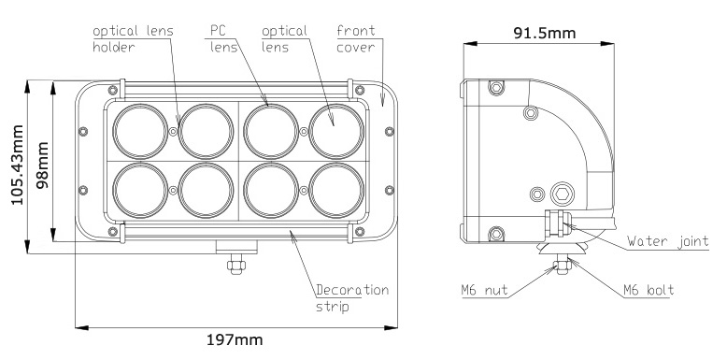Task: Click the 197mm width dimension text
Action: (235, 340)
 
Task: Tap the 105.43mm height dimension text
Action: (17, 165)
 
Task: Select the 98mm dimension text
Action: (43, 166)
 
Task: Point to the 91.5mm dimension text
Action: (545, 33)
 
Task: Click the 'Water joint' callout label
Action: (667, 241)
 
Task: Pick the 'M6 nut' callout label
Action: (485, 291)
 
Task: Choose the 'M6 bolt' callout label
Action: (649, 291)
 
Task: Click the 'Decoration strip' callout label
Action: (352, 298)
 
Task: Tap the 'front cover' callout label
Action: (356, 39)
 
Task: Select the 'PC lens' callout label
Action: (223, 39)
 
